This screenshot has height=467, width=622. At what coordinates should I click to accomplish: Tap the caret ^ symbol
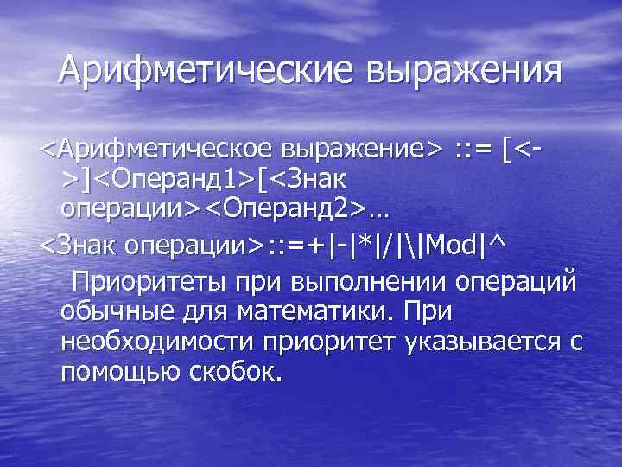pos(495,246)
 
